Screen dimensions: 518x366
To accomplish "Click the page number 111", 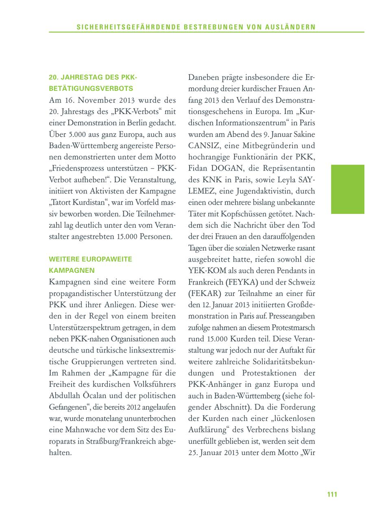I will click(332, 494).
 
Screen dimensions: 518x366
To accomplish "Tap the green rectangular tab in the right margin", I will click(348, 189).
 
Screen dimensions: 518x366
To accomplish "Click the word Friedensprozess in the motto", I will click(77, 168).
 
